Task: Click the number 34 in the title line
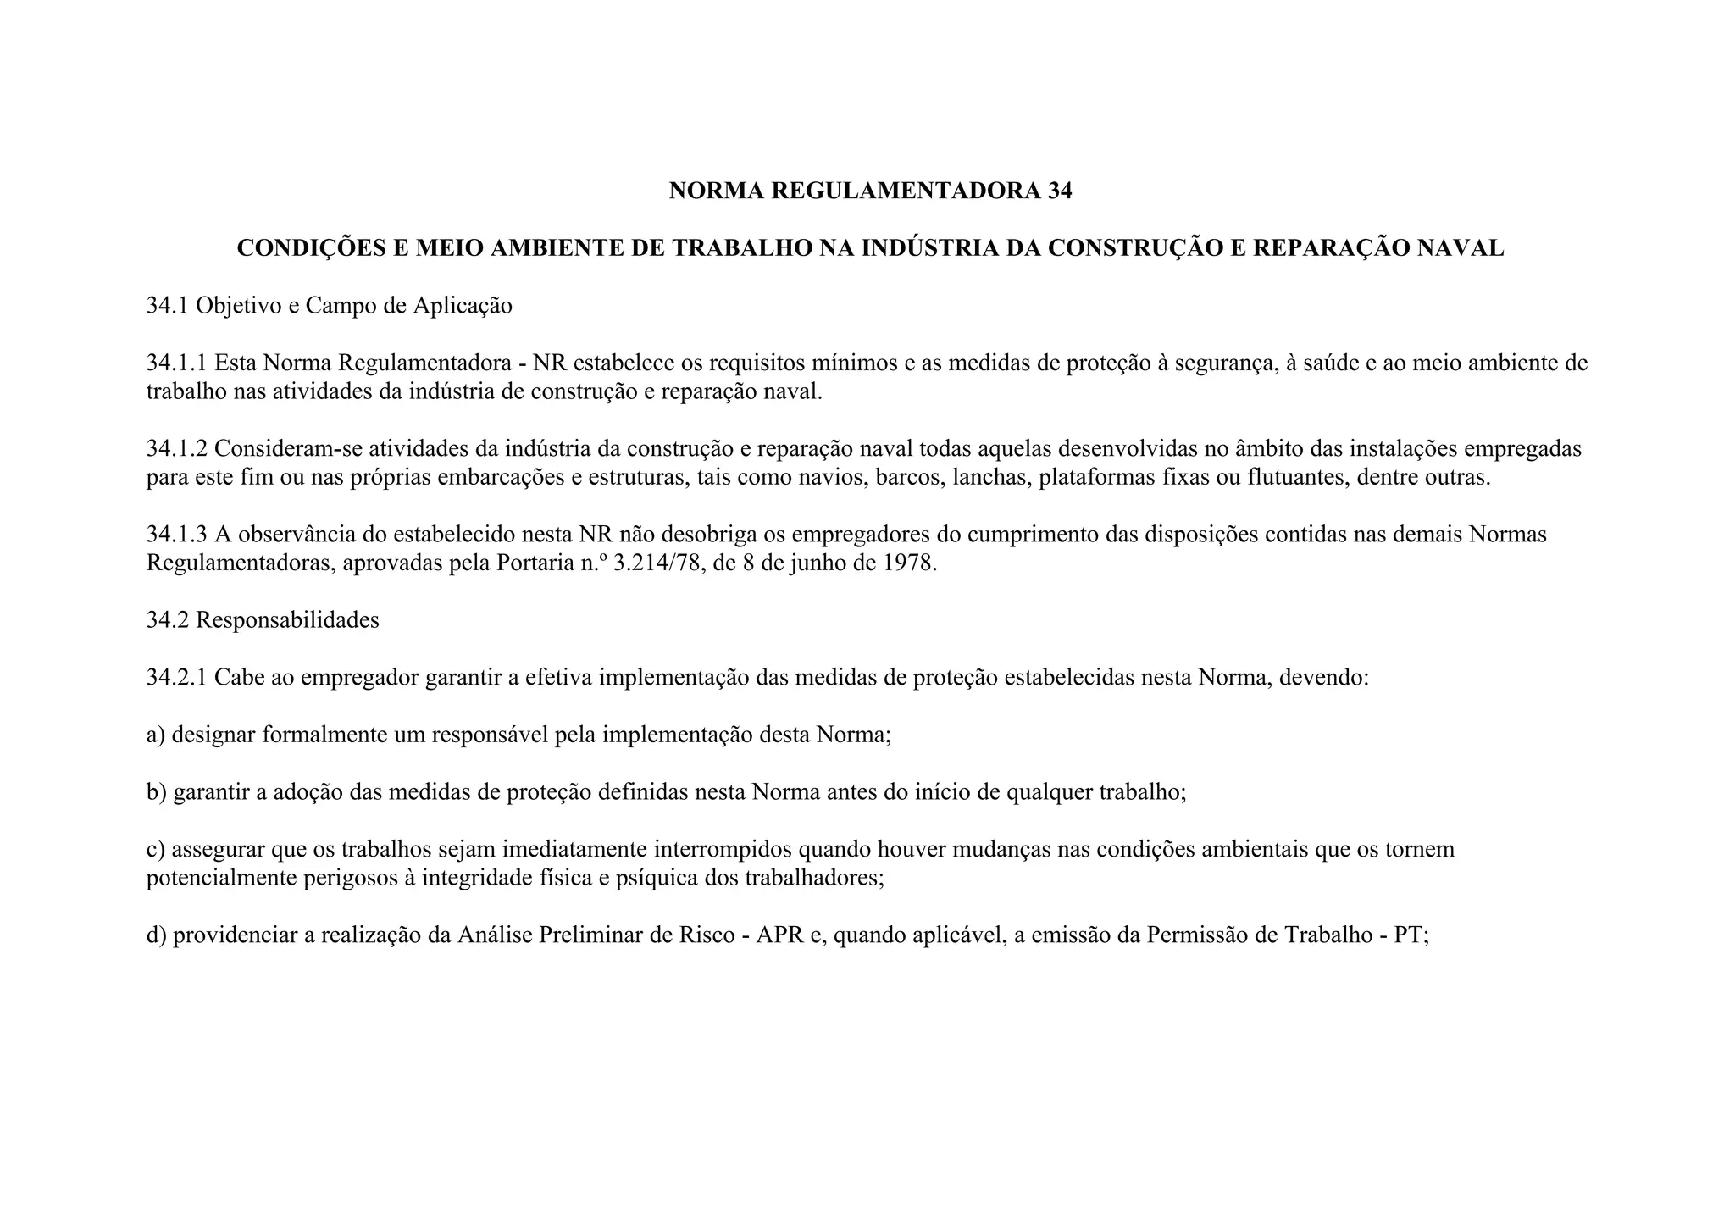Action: tap(1059, 191)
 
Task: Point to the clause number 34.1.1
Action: tap(176, 363)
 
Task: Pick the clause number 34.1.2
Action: tap(176, 449)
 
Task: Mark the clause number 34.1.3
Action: tap(176, 535)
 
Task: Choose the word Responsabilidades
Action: tap(287, 620)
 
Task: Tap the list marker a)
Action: tap(156, 735)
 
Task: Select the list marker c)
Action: tap(156, 849)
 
